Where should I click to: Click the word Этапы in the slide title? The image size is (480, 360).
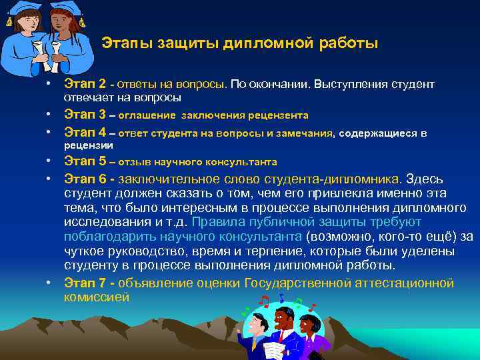(127, 44)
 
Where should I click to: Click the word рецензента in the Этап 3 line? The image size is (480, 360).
(279, 115)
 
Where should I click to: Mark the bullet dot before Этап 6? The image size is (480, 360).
(49, 180)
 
